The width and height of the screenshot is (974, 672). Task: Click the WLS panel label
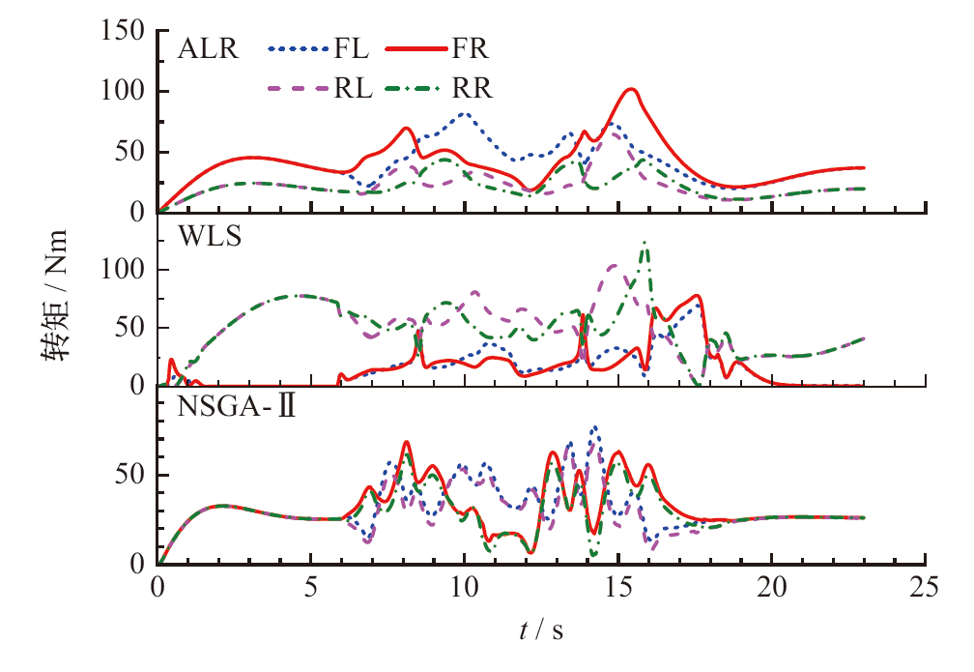(x=202, y=234)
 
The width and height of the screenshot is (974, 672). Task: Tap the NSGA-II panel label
(x=237, y=406)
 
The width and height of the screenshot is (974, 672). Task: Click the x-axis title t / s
(x=540, y=631)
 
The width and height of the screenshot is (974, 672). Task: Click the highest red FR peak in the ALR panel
(x=632, y=90)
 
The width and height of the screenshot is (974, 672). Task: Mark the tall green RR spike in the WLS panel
(x=645, y=243)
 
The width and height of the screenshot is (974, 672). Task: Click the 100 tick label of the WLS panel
(x=125, y=270)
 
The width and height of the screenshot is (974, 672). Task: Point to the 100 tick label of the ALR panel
(x=125, y=92)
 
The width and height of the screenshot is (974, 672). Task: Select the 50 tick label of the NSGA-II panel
(x=131, y=476)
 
